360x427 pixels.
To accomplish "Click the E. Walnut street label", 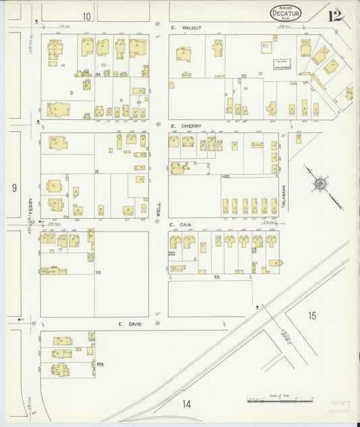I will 183,28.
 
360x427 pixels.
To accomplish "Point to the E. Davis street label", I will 128,324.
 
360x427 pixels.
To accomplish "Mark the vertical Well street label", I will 157,209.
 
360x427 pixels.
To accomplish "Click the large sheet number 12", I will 334,15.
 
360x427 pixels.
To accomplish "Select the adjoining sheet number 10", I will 86,16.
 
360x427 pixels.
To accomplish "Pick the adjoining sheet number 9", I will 14,188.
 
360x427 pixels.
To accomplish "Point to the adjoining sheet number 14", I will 186,404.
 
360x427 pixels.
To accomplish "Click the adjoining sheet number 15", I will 311,316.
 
